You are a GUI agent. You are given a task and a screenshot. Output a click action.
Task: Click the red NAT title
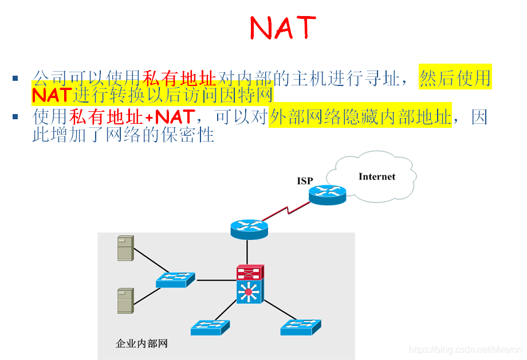click(282, 27)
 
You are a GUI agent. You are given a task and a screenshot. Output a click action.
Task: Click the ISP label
click(305, 181)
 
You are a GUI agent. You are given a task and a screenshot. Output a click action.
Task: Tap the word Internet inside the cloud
click(376, 177)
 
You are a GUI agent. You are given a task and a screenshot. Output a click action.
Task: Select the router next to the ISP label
click(328, 195)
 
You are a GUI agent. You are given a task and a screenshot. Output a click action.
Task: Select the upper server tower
click(125, 248)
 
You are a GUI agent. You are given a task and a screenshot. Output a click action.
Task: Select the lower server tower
click(125, 300)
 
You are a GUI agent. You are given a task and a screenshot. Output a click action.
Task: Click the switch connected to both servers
click(175, 280)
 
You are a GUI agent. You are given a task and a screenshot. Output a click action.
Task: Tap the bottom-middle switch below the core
click(210, 327)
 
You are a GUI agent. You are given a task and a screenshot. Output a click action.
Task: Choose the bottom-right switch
click(301, 327)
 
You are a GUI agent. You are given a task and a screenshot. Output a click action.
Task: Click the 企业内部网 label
click(141, 344)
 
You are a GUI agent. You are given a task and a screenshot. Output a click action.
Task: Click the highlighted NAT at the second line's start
click(52, 93)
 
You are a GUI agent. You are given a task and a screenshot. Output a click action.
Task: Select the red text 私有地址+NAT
click(132, 118)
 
